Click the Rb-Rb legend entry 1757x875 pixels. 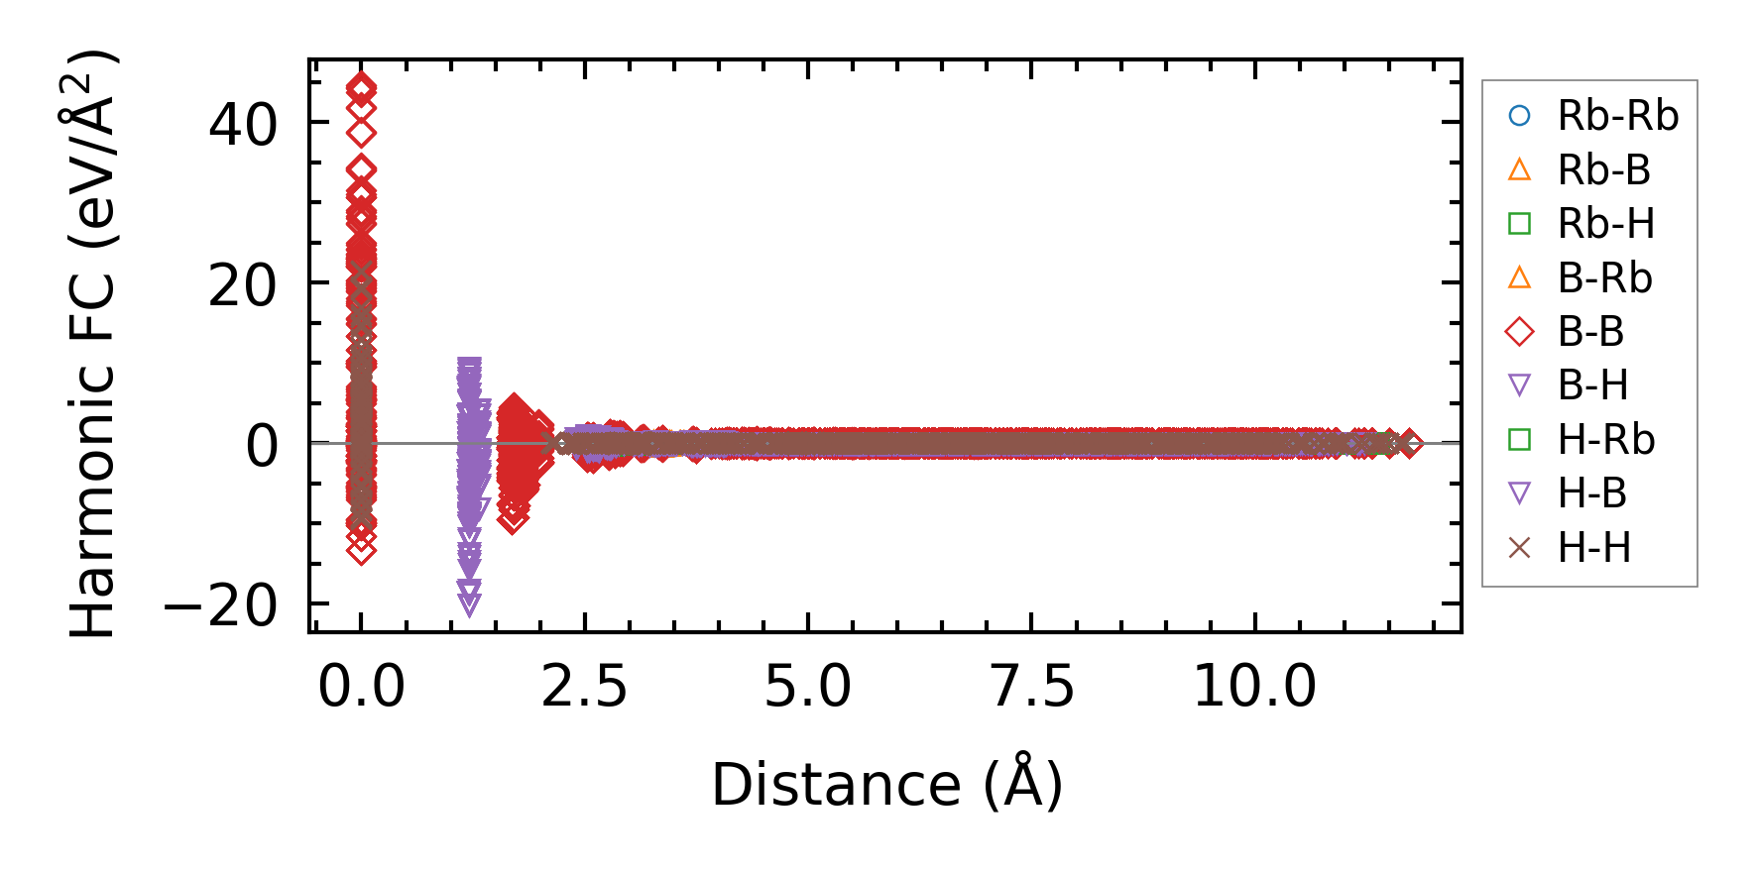click(1617, 117)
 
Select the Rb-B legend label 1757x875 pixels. click(1603, 170)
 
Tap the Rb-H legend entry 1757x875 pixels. click(1605, 224)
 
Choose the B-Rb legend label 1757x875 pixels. click(1604, 278)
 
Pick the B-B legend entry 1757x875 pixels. click(1590, 332)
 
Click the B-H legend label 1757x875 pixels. click(1592, 385)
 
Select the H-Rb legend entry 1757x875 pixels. click(1605, 440)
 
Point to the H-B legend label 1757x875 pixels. click(1592, 493)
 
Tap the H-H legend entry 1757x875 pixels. click(1593, 548)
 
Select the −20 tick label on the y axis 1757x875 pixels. click(220, 605)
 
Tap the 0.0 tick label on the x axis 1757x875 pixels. click(361, 686)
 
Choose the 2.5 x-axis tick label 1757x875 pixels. click(584, 686)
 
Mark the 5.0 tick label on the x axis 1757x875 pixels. click(807, 686)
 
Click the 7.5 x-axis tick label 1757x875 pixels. click(1031, 686)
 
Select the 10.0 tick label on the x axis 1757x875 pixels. click(1254, 686)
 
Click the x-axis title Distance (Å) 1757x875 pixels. click(886, 786)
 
